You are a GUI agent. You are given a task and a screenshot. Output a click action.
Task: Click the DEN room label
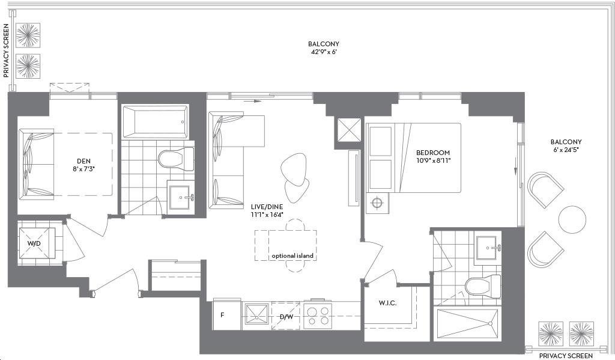tap(83, 161)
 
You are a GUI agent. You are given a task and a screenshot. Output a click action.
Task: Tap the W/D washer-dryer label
tap(34, 243)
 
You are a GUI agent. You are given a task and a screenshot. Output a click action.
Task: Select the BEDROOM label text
tap(433, 152)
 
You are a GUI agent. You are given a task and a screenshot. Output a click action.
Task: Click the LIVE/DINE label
tap(267, 207)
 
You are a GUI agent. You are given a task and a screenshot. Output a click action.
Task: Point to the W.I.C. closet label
tap(387, 303)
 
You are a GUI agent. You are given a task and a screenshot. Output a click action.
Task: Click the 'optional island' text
tap(292, 256)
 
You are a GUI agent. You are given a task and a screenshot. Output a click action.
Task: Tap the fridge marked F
tap(226, 314)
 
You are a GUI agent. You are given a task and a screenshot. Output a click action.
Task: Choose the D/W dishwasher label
tap(286, 317)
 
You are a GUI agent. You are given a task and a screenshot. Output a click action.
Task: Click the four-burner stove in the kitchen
tap(318, 316)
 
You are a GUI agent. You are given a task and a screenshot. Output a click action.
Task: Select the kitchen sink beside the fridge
tap(257, 316)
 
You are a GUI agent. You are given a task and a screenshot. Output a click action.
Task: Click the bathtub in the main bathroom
tap(156, 121)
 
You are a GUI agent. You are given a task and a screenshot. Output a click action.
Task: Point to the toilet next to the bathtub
tap(177, 159)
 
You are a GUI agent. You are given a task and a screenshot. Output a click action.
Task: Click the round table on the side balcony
tap(572, 219)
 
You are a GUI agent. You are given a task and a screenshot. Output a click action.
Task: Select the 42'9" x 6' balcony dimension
tap(324, 52)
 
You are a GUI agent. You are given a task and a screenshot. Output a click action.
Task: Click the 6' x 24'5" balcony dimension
tap(566, 150)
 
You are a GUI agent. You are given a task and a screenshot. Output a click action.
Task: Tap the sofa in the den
tap(37, 163)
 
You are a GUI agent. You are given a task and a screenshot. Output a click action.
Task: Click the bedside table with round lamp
tap(378, 203)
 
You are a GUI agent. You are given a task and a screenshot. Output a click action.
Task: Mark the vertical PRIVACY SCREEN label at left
tap(6, 50)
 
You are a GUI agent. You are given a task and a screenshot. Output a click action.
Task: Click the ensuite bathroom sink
tap(486, 248)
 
